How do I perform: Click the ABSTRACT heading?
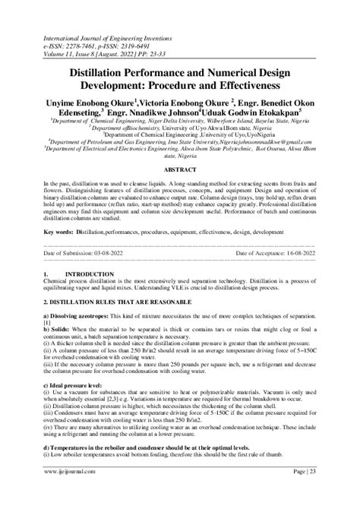coord(180,170)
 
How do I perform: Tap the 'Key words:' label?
coord(60,230)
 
